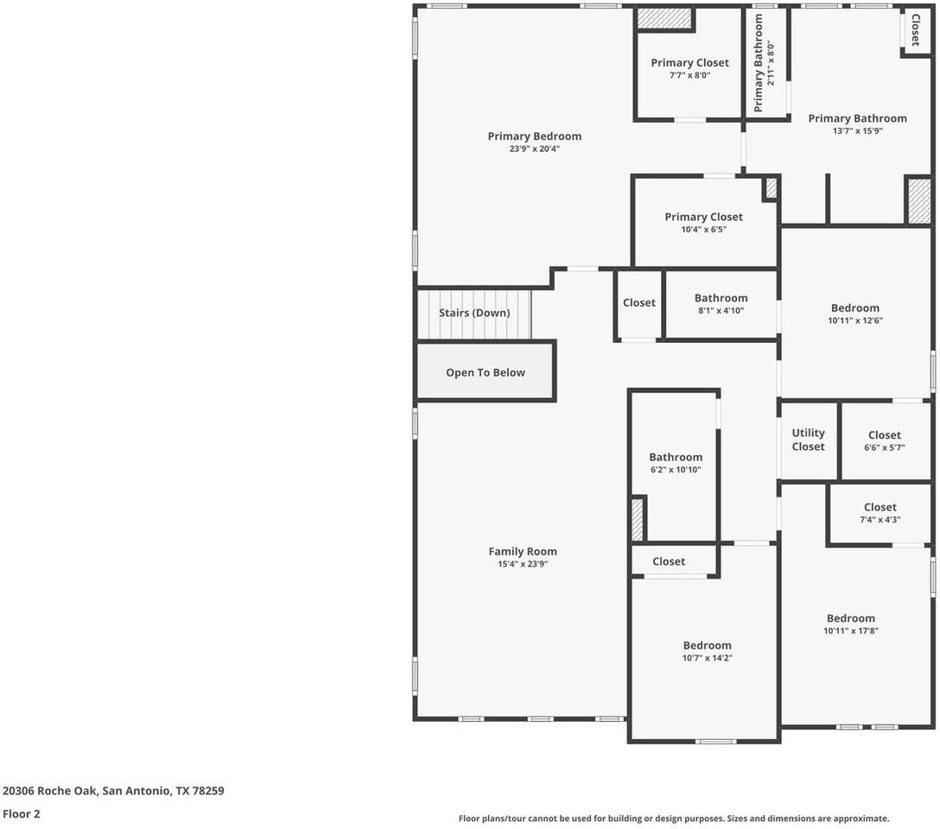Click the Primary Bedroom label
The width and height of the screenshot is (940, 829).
(534, 136)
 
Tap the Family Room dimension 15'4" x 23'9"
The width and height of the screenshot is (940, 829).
(522, 564)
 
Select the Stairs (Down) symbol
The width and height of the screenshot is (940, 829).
(473, 313)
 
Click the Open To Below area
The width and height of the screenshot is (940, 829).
(485, 372)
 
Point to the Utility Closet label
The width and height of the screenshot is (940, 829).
(808, 440)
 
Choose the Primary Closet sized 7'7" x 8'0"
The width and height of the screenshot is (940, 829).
(689, 69)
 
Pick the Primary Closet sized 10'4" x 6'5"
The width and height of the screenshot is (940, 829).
(703, 223)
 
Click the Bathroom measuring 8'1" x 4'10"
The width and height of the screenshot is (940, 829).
(721, 304)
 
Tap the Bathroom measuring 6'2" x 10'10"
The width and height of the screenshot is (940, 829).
(676, 463)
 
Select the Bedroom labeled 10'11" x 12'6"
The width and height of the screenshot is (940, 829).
(854, 313)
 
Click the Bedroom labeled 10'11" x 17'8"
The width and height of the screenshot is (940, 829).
(850, 624)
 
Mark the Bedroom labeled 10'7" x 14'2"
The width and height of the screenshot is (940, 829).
(707, 651)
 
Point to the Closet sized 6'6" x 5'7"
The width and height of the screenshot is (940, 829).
(884, 441)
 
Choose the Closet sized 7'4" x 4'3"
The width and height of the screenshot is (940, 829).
(880, 513)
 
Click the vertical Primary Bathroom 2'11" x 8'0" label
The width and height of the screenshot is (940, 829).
(764, 62)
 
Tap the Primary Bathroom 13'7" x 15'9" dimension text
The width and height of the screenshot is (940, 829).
(857, 131)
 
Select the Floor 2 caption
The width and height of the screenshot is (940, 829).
(22, 813)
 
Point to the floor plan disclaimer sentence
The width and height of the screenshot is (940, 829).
(673, 818)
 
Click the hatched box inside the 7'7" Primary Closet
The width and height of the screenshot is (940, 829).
(665, 19)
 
